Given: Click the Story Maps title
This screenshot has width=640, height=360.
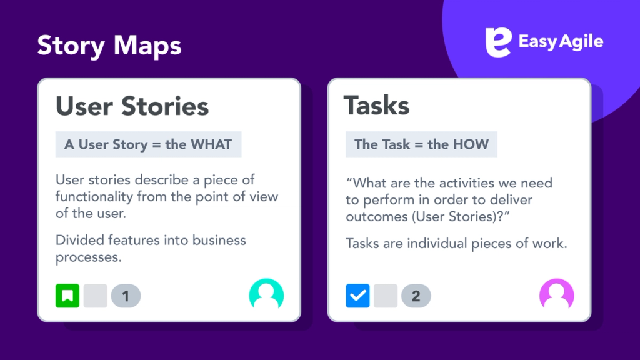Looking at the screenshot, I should coord(109,45).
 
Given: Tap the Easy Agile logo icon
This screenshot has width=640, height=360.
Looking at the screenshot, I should coord(497,42).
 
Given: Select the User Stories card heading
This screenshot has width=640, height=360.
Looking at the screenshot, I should coord(132,106).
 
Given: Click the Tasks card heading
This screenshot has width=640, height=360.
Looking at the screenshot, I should coord(376,106).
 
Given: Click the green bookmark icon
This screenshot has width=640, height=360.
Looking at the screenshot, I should coord(67,296).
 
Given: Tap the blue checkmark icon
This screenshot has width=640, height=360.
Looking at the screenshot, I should coord(357,296).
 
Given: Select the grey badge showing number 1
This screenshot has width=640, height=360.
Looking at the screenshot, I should coord(126,296).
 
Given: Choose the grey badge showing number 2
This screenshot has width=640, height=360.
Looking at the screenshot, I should coord(416,296).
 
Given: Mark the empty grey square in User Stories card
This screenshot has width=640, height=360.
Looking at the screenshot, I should coord(95,296).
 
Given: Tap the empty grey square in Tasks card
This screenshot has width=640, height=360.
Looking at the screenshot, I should coord(385,296).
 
